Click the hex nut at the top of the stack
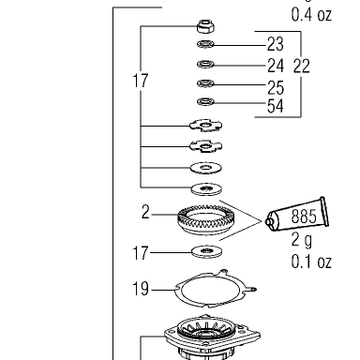(x=205, y=26)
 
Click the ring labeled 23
(x=205, y=44)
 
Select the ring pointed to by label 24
(x=205, y=65)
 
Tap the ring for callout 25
(x=205, y=83)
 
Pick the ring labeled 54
(x=205, y=102)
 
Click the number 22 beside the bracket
(x=302, y=66)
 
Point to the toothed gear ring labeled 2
(x=206, y=219)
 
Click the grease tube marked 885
(x=297, y=217)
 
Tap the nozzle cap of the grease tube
(x=269, y=222)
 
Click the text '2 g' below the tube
(x=302, y=240)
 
